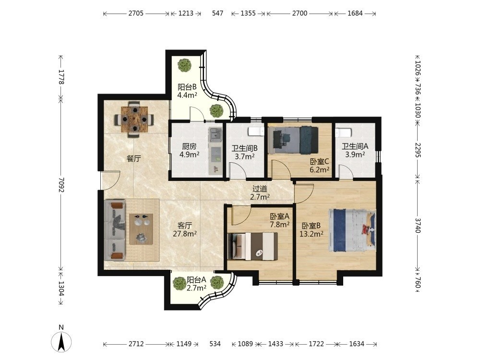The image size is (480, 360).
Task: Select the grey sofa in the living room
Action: (x=115, y=230)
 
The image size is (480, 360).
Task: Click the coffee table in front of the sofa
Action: (x=141, y=229)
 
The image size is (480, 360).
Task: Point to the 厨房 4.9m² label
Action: (x=189, y=150)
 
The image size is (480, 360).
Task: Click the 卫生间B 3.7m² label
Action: (x=244, y=153)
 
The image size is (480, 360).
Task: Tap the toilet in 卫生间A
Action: (x=343, y=133)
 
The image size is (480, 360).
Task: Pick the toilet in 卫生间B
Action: (x=256, y=132)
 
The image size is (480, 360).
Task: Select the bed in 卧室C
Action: (x=293, y=140)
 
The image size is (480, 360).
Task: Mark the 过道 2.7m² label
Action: (x=260, y=193)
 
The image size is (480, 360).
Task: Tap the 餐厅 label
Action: (x=134, y=158)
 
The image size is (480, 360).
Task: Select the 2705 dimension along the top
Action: (x=136, y=13)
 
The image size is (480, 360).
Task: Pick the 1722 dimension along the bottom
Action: (x=316, y=344)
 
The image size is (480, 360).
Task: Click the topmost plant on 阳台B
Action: (x=185, y=65)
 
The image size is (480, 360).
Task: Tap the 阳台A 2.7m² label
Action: (x=196, y=284)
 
